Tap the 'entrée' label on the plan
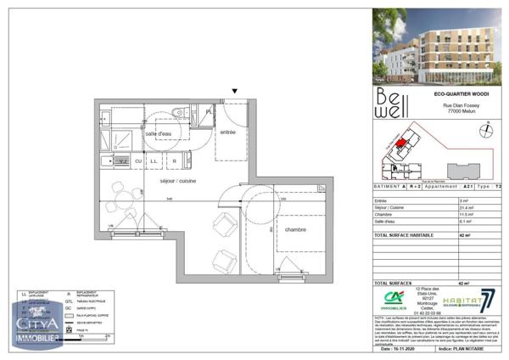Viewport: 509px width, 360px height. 227,132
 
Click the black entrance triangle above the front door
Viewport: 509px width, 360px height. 235,91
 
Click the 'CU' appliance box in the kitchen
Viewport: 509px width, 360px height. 137,160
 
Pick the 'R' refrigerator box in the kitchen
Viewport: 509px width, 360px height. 175,160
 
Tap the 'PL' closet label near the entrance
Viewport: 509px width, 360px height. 209,110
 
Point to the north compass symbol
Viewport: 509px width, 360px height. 484,129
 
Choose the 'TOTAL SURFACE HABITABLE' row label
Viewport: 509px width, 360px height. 404,233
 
